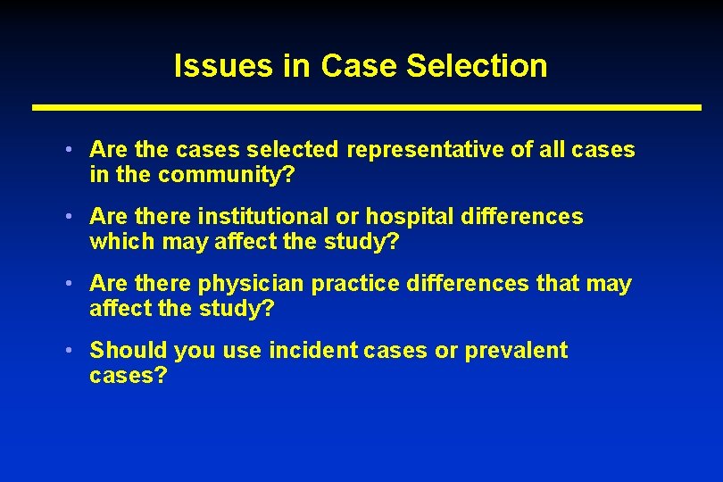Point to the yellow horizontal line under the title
[x=366, y=107]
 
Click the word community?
[x=226, y=175]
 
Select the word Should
[x=129, y=351]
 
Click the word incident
[x=313, y=351]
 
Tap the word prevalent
[x=516, y=351]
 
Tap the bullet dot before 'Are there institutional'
[x=69, y=215]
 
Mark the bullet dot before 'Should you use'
[x=69, y=349]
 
